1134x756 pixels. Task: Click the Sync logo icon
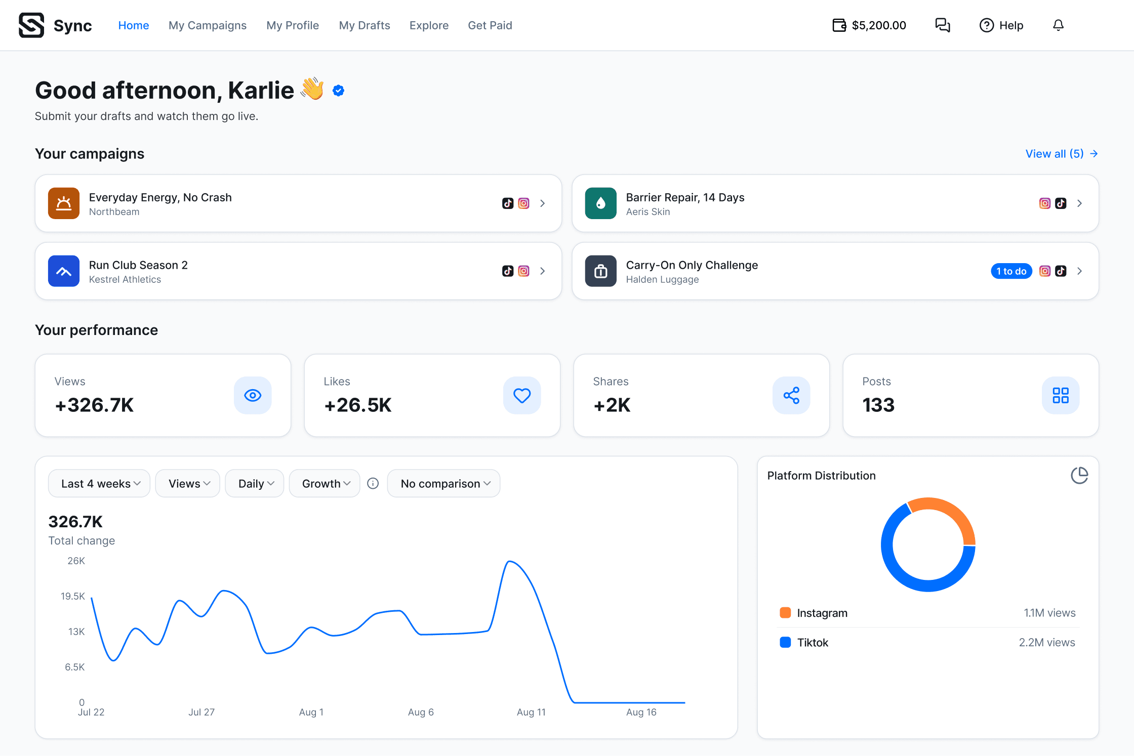[x=31, y=25]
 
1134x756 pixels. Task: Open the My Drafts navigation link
[x=364, y=25]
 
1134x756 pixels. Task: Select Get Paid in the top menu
[x=490, y=25]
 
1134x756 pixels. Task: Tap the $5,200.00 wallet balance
[x=869, y=25]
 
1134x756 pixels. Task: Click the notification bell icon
[x=1058, y=25]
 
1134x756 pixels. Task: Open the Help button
[x=1001, y=25]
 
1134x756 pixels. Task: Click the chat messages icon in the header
[x=943, y=25]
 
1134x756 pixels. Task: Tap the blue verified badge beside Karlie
[x=339, y=91]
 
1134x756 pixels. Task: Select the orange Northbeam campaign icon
[x=64, y=203]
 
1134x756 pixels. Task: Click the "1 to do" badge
[x=1011, y=271]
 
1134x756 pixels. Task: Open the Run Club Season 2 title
[x=138, y=265]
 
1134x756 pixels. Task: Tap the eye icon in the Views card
[x=253, y=395]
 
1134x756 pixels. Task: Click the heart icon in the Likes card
[x=522, y=395]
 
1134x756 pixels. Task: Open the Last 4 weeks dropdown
[x=99, y=484]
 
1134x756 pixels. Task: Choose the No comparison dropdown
[x=444, y=484]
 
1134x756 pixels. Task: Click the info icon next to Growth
[x=373, y=484]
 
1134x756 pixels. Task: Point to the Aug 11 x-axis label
[x=531, y=712]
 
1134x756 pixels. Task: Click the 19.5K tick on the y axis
[x=73, y=597]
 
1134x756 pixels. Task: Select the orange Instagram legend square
[x=785, y=613]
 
